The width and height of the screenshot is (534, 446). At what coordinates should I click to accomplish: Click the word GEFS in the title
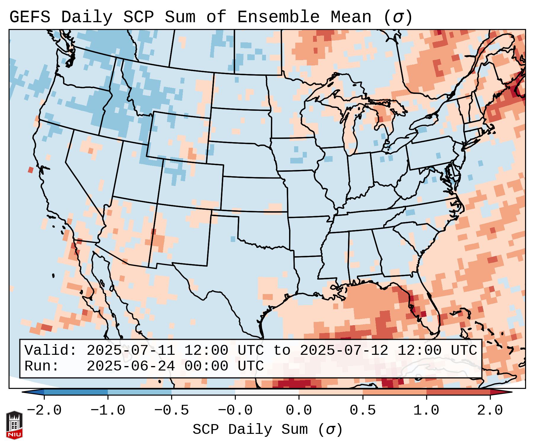(30, 17)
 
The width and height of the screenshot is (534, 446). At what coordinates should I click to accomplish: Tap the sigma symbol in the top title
(397, 17)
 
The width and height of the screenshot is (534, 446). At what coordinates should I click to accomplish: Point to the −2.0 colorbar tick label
(44, 410)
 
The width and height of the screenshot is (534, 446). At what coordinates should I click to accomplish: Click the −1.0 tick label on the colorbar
(108, 410)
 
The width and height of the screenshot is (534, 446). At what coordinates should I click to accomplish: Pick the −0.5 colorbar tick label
(171, 410)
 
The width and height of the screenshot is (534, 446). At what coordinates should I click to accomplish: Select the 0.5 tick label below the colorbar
(363, 410)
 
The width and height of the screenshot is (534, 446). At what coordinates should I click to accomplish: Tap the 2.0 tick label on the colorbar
(490, 410)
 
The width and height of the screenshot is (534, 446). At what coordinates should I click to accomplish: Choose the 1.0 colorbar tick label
(426, 410)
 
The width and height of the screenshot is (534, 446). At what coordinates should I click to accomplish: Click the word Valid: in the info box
(50, 350)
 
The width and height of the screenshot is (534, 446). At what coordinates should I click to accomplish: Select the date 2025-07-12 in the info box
(344, 350)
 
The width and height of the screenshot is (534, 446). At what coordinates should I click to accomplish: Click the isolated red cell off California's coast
(31, 170)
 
